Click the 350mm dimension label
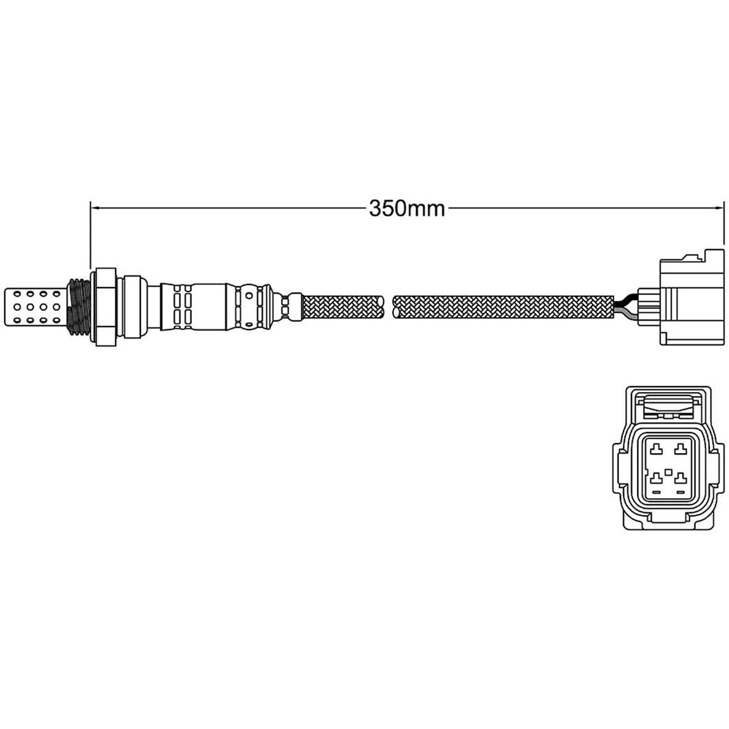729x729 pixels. [x=407, y=209]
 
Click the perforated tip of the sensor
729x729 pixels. [x=34, y=307]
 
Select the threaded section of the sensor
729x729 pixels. [x=79, y=306]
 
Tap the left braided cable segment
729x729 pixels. [x=344, y=306]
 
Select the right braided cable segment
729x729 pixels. [x=503, y=306]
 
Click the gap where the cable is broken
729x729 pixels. [x=389, y=306]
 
